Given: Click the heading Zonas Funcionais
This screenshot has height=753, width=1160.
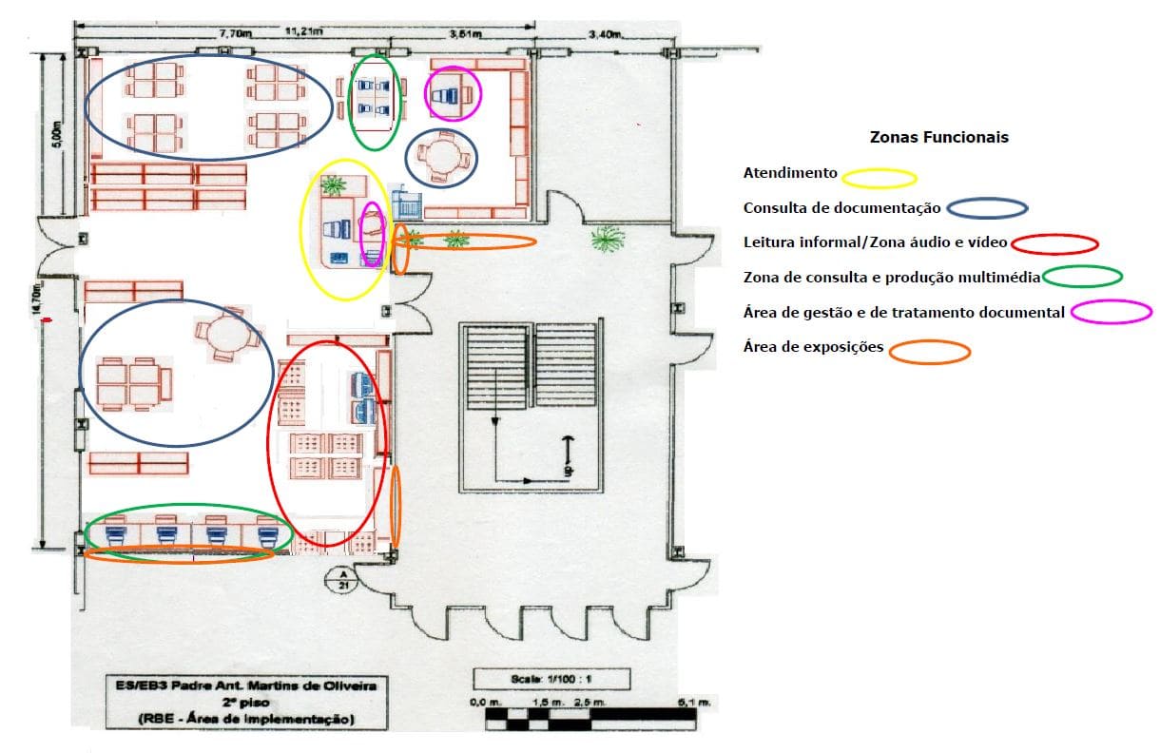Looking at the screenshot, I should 938,137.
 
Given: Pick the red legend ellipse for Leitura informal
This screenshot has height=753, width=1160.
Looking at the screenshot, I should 1054,243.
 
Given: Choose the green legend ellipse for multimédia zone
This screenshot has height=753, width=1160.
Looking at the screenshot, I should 1081,277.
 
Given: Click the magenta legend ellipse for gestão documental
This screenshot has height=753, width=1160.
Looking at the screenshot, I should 1111,311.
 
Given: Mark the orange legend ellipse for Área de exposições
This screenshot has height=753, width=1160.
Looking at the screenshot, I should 929,351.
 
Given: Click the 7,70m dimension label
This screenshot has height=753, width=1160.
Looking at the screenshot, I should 235,33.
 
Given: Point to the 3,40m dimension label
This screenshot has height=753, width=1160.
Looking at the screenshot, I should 605,34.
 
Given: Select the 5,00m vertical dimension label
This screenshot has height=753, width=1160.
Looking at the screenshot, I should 56,134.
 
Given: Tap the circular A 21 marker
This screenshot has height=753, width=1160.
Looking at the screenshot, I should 338,579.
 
